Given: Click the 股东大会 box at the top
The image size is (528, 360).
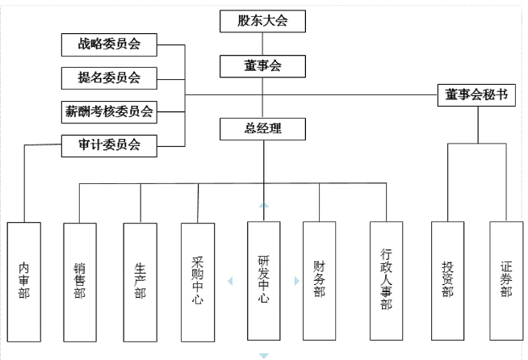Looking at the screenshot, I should pyautogui.click(x=262, y=21).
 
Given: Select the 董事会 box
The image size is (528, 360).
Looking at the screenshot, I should pyautogui.click(x=262, y=64).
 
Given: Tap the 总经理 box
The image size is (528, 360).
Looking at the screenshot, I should pyautogui.click(x=262, y=128).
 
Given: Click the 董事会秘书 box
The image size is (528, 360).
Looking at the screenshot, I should pyautogui.click(x=476, y=94).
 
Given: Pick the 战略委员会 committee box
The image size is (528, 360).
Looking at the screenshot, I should pyautogui.click(x=108, y=44).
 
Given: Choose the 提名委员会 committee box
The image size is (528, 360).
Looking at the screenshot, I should pyautogui.click(x=108, y=77).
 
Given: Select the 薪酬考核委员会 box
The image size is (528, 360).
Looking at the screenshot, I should pyautogui.click(x=108, y=111).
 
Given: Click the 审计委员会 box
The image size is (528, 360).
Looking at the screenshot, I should pyautogui.click(x=108, y=145).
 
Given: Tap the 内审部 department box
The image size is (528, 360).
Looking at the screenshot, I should pyautogui.click(x=23, y=280).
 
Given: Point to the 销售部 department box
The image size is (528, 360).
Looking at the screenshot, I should pyautogui.click(x=79, y=280).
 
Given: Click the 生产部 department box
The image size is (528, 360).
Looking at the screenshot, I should pyautogui.click(x=140, y=280).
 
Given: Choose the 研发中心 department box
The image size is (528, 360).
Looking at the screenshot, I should pyautogui.click(x=263, y=280).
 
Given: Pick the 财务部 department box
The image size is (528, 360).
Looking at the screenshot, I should pyautogui.click(x=319, y=280).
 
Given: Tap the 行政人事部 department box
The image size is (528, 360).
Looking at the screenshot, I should pyautogui.click(x=386, y=280).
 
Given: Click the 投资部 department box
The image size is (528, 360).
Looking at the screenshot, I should pyautogui.click(x=447, y=280).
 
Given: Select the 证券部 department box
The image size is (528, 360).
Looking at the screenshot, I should pyautogui.click(x=506, y=280).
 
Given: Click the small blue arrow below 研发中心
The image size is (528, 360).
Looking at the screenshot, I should pyautogui.click(x=263, y=354).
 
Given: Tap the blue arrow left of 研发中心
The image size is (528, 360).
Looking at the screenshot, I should pyautogui.click(x=231, y=282).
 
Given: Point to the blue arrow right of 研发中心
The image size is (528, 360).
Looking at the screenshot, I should pyautogui.click(x=295, y=282).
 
